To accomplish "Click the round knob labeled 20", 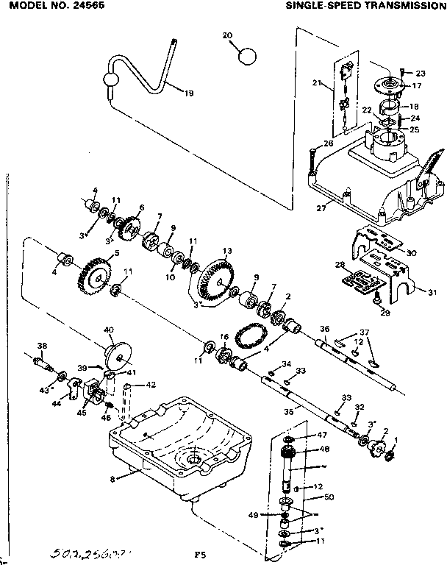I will pyautogui.click(x=248, y=55).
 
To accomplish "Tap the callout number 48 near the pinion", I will pyautogui.click(x=324, y=449).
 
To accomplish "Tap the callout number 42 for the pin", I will pyautogui.click(x=150, y=384).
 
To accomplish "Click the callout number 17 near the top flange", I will pyautogui.click(x=417, y=85).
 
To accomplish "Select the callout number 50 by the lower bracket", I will pyautogui.click(x=329, y=497).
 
